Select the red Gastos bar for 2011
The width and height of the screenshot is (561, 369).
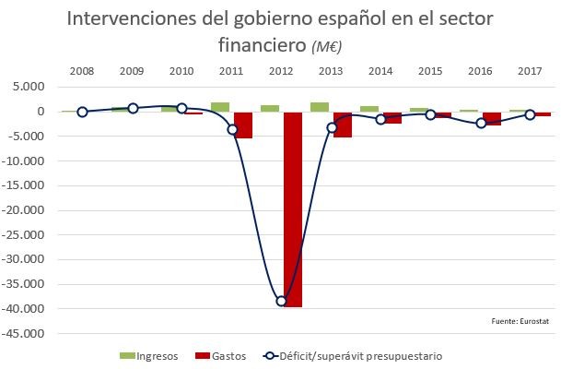[x=244, y=125]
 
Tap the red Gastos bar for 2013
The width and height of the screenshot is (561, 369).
[x=343, y=125]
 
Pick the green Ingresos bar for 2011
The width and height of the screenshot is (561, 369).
[x=220, y=107]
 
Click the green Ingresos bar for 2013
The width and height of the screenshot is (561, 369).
[x=320, y=107]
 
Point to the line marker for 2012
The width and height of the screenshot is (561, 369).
[x=282, y=302]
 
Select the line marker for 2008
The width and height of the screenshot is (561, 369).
[x=82, y=112]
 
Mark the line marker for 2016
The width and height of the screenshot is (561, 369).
[x=481, y=123]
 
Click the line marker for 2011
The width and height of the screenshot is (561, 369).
[x=232, y=129]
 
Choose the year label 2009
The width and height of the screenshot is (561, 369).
[x=132, y=71]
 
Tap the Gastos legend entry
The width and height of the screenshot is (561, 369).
[x=221, y=355]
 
